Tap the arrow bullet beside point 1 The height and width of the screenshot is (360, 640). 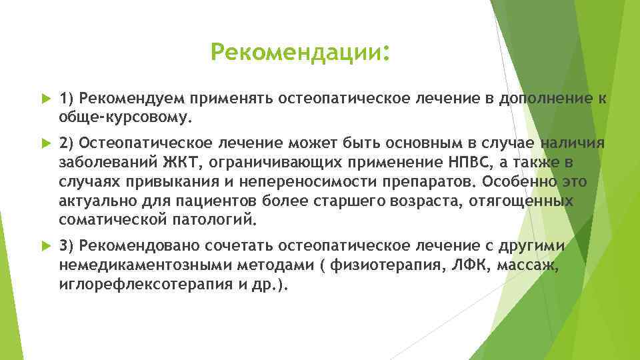(x=45, y=99)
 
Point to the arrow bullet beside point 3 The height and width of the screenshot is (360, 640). (x=45, y=247)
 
